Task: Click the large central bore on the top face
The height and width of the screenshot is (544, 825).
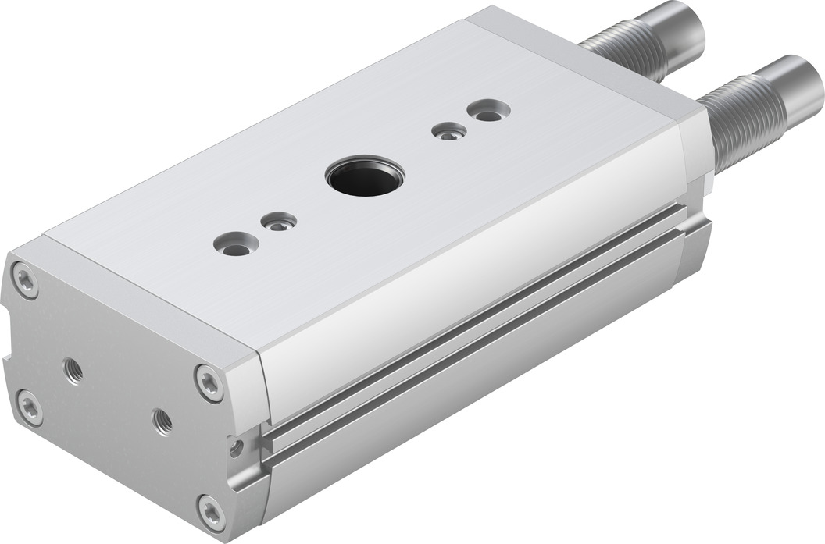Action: (x=364, y=175)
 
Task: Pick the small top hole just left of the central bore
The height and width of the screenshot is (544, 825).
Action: (x=279, y=222)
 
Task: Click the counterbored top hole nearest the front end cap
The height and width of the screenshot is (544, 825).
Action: (x=234, y=244)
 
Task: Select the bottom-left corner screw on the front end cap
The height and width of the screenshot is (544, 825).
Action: (x=30, y=407)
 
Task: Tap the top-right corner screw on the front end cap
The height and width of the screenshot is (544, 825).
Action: (x=209, y=382)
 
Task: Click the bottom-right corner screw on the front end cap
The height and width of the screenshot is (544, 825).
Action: (x=212, y=511)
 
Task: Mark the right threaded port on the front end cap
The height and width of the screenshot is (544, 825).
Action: (x=162, y=421)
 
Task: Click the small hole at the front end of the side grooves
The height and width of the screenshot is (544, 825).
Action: (x=235, y=448)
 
